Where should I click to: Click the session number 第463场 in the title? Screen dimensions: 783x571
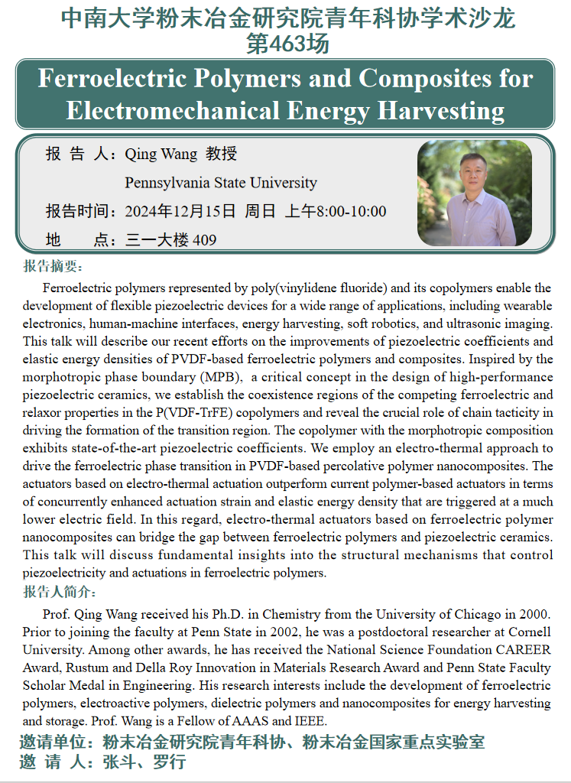[x=287, y=44]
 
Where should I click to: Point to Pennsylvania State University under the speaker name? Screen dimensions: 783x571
[x=220, y=183]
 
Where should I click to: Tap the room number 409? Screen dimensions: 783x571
[x=204, y=240]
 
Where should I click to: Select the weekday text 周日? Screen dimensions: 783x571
[x=260, y=211]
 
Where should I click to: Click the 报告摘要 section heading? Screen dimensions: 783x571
[x=53, y=266]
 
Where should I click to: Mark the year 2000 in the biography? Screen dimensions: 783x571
[x=534, y=615]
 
